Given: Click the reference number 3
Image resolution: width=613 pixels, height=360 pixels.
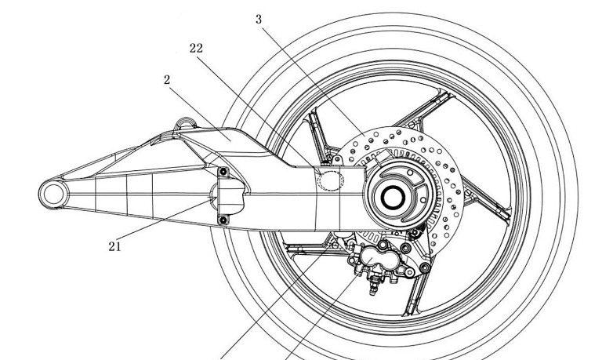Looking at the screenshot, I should (259, 19).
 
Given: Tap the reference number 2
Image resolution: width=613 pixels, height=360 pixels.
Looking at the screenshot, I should (168, 79).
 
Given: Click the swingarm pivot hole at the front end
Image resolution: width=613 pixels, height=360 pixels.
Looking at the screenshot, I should (55, 192).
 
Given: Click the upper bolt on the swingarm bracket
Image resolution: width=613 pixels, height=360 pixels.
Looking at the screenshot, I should (223, 173).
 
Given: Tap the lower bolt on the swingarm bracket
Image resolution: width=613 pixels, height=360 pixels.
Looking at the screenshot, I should (223, 220).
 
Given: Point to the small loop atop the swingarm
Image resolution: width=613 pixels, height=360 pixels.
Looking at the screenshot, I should (186, 123).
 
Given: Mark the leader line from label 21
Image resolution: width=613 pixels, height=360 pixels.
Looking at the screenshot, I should (165, 224).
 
